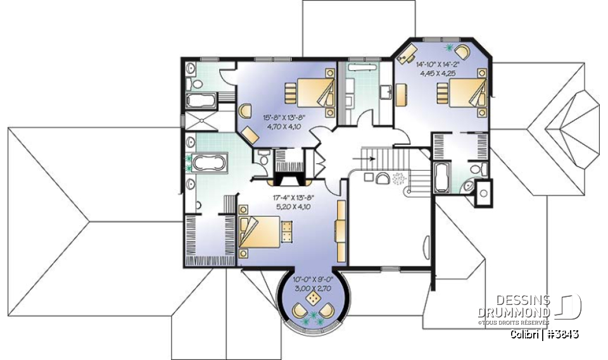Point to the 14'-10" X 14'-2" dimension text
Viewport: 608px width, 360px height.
[x=437, y=64]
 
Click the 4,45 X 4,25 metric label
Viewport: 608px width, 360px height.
[x=437, y=73]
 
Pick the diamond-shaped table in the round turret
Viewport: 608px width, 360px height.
[x=311, y=298]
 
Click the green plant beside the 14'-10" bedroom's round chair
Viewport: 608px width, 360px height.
[x=450, y=48]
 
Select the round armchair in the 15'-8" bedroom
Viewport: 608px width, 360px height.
[x=244, y=111]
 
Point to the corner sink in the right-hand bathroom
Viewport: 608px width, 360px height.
[x=468, y=185]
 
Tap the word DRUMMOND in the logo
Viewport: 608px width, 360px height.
[x=513, y=312]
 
